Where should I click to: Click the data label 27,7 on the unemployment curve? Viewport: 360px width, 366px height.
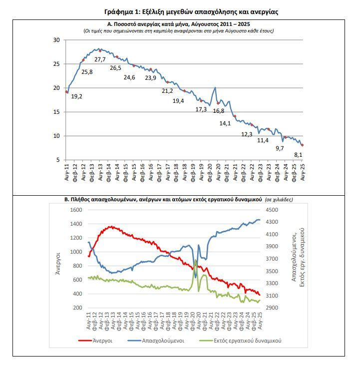pyautogui.click(x=100, y=59)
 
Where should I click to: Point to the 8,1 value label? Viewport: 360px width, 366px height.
pyautogui.click(x=298, y=155)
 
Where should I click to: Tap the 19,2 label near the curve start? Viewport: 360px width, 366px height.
pyautogui.click(x=76, y=96)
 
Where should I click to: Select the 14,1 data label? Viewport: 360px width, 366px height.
pyautogui.click(x=225, y=123)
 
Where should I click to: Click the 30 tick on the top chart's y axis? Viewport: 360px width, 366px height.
pyautogui.click(x=56, y=40)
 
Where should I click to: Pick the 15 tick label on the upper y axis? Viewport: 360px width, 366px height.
pyautogui.click(x=56, y=112)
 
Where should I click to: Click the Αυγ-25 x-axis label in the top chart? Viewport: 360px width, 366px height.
pyautogui.click(x=303, y=172)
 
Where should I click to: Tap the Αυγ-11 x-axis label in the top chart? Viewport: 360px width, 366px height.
pyautogui.click(x=67, y=172)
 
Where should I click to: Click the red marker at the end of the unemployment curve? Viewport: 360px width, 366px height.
pyautogui.click(x=303, y=145)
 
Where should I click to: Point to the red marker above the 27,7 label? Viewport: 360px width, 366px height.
pyautogui.click(x=100, y=51)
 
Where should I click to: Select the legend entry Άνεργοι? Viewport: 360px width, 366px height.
pyautogui.click(x=95, y=341)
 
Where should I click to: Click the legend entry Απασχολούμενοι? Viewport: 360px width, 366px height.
pyautogui.click(x=156, y=341)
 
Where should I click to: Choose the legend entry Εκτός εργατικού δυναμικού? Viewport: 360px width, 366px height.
pyautogui.click(x=240, y=341)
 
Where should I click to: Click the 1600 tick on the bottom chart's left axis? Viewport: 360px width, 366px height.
pyautogui.click(x=76, y=210)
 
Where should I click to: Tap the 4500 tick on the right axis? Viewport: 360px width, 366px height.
pyautogui.click(x=272, y=210)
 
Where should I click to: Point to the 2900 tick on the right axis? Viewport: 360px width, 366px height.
pyautogui.click(x=272, y=308)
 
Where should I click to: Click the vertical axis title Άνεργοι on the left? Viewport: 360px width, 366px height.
pyautogui.click(x=57, y=263)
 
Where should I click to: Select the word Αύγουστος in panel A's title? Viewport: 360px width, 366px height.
pyautogui.click(x=206, y=24)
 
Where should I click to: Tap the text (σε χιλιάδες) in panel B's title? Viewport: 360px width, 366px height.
pyautogui.click(x=279, y=200)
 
